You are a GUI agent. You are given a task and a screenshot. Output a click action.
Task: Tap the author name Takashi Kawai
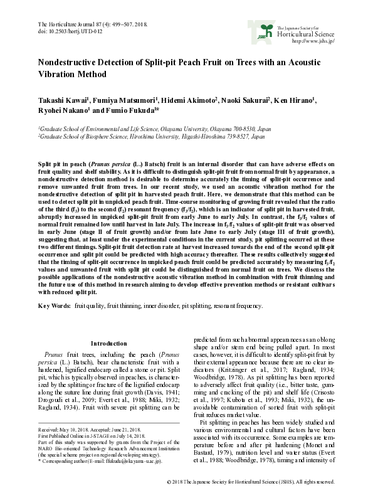click(63, 100)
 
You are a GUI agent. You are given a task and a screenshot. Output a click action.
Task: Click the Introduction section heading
click(108, 343)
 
